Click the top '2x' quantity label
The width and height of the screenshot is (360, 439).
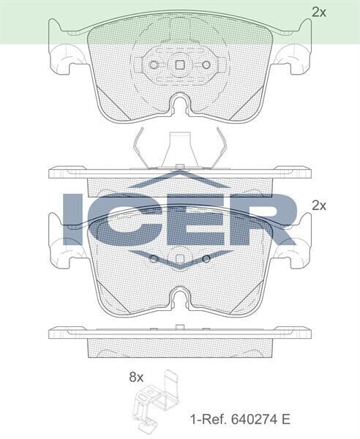coord(318,12)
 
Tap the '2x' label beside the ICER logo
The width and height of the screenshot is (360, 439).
coord(318,206)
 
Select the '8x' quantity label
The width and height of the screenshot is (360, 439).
coord(137,378)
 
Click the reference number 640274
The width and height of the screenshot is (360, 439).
coord(255,419)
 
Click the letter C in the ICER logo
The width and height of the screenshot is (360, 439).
coord(124,220)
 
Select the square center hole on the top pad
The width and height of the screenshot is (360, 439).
coord(179,64)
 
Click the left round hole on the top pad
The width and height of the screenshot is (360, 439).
coord(153,64)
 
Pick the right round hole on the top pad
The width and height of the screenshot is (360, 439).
coord(206,64)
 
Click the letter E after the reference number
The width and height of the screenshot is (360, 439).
coord(286,419)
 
